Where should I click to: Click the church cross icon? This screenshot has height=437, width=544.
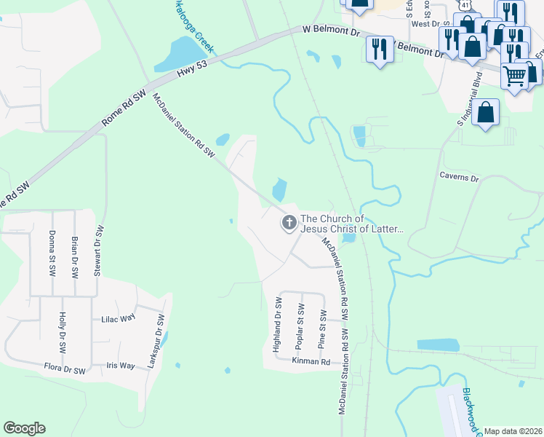point(289,223)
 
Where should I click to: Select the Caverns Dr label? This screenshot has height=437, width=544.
point(460,178)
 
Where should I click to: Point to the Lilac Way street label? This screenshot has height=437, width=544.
point(119,318)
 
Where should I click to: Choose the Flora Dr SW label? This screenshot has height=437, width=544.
point(64,370)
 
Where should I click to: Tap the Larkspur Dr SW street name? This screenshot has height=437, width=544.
point(156,341)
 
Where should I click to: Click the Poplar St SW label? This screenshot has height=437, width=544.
point(300,325)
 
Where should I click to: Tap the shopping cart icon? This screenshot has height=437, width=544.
point(514,75)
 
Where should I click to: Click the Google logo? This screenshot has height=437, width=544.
point(24,428)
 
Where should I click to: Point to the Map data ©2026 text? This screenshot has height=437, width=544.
point(513,431)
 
